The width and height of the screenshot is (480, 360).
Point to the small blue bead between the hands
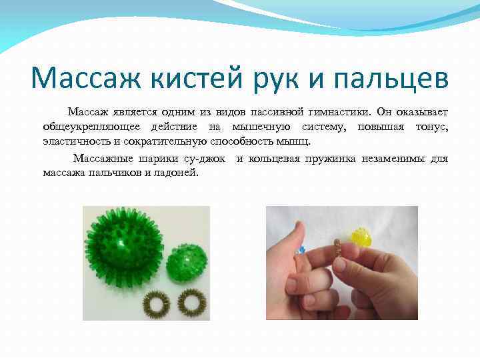(x=301, y=251)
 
